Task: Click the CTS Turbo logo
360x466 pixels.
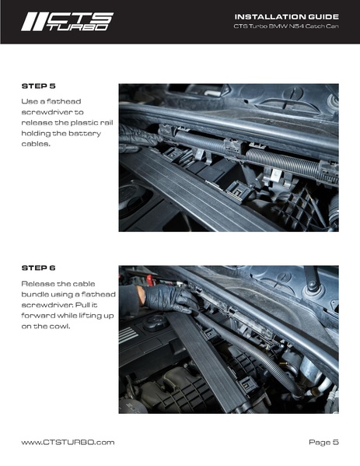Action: tap(67, 22)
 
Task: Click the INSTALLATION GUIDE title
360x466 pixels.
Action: tap(285, 16)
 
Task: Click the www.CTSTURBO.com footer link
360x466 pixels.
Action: tap(68, 442)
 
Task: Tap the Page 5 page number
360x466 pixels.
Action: tap(323, 442)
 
